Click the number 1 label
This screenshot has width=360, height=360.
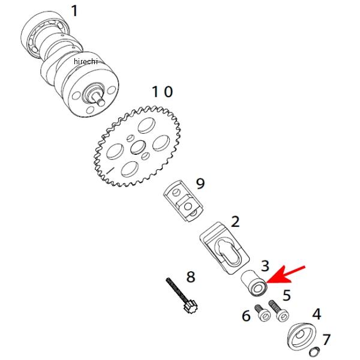coord(74,11)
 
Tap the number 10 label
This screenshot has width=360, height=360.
coord(161,92)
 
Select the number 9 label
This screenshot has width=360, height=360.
coord(200,182)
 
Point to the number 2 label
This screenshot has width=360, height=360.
coord(235,221)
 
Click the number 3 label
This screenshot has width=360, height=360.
coord(265,265)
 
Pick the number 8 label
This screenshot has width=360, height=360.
coord(191,277)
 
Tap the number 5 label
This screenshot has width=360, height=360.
coord(287,295)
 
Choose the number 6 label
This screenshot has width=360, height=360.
coord(246,316)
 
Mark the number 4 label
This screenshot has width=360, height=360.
coord(316,314)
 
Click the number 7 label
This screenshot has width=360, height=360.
coord(326,340)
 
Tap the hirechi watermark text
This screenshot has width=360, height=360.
coord(86,62)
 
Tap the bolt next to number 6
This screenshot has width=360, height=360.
coord(262,313)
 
